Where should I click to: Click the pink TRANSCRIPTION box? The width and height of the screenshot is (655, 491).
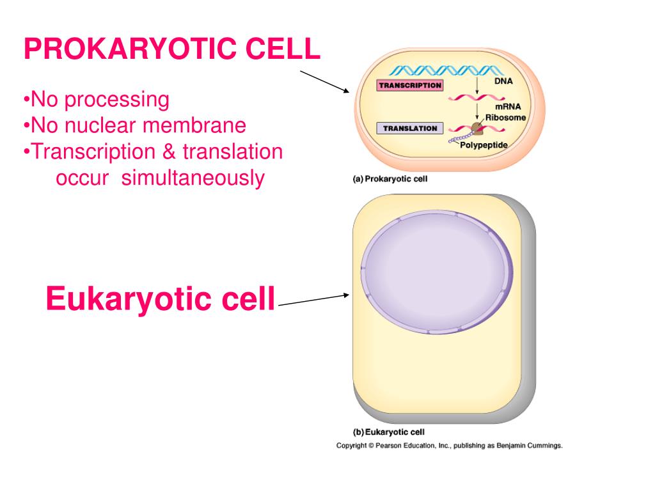[410, 85]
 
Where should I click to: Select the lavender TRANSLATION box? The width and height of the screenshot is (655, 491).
[410, 129]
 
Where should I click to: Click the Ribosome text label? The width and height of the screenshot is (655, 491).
[506, 118]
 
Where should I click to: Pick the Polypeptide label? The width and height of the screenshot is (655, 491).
[484, 145]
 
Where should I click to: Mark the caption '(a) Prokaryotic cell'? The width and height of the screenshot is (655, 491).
[390, 179]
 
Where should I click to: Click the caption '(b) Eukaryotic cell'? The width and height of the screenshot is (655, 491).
[389, 432]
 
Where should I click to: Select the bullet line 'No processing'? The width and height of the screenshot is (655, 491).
[97, 100]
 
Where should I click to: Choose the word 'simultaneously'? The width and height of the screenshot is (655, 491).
[193, 178]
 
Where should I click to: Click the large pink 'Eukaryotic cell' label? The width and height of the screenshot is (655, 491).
[161, 299]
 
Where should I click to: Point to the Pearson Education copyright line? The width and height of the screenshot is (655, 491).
[450, 446]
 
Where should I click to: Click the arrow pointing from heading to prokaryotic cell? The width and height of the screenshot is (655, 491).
[324, 82]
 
